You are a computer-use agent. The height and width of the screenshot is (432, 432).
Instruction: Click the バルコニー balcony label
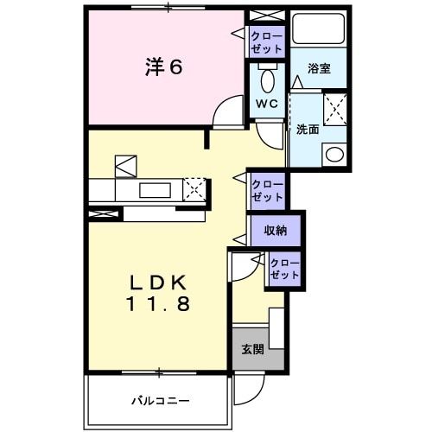tap(160, 400)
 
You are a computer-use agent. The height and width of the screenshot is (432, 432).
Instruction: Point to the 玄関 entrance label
tap(251, 350)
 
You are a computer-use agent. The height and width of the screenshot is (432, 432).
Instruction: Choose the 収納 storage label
tap(276, 231)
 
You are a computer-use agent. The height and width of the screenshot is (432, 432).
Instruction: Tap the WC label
tap(266, 104)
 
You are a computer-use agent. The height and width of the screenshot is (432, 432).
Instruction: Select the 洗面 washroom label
tap(308, 130)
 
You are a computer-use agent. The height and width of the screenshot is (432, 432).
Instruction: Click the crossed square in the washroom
tap(334, 111)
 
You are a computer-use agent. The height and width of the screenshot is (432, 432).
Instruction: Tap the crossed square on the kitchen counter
tap(195, 188)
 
